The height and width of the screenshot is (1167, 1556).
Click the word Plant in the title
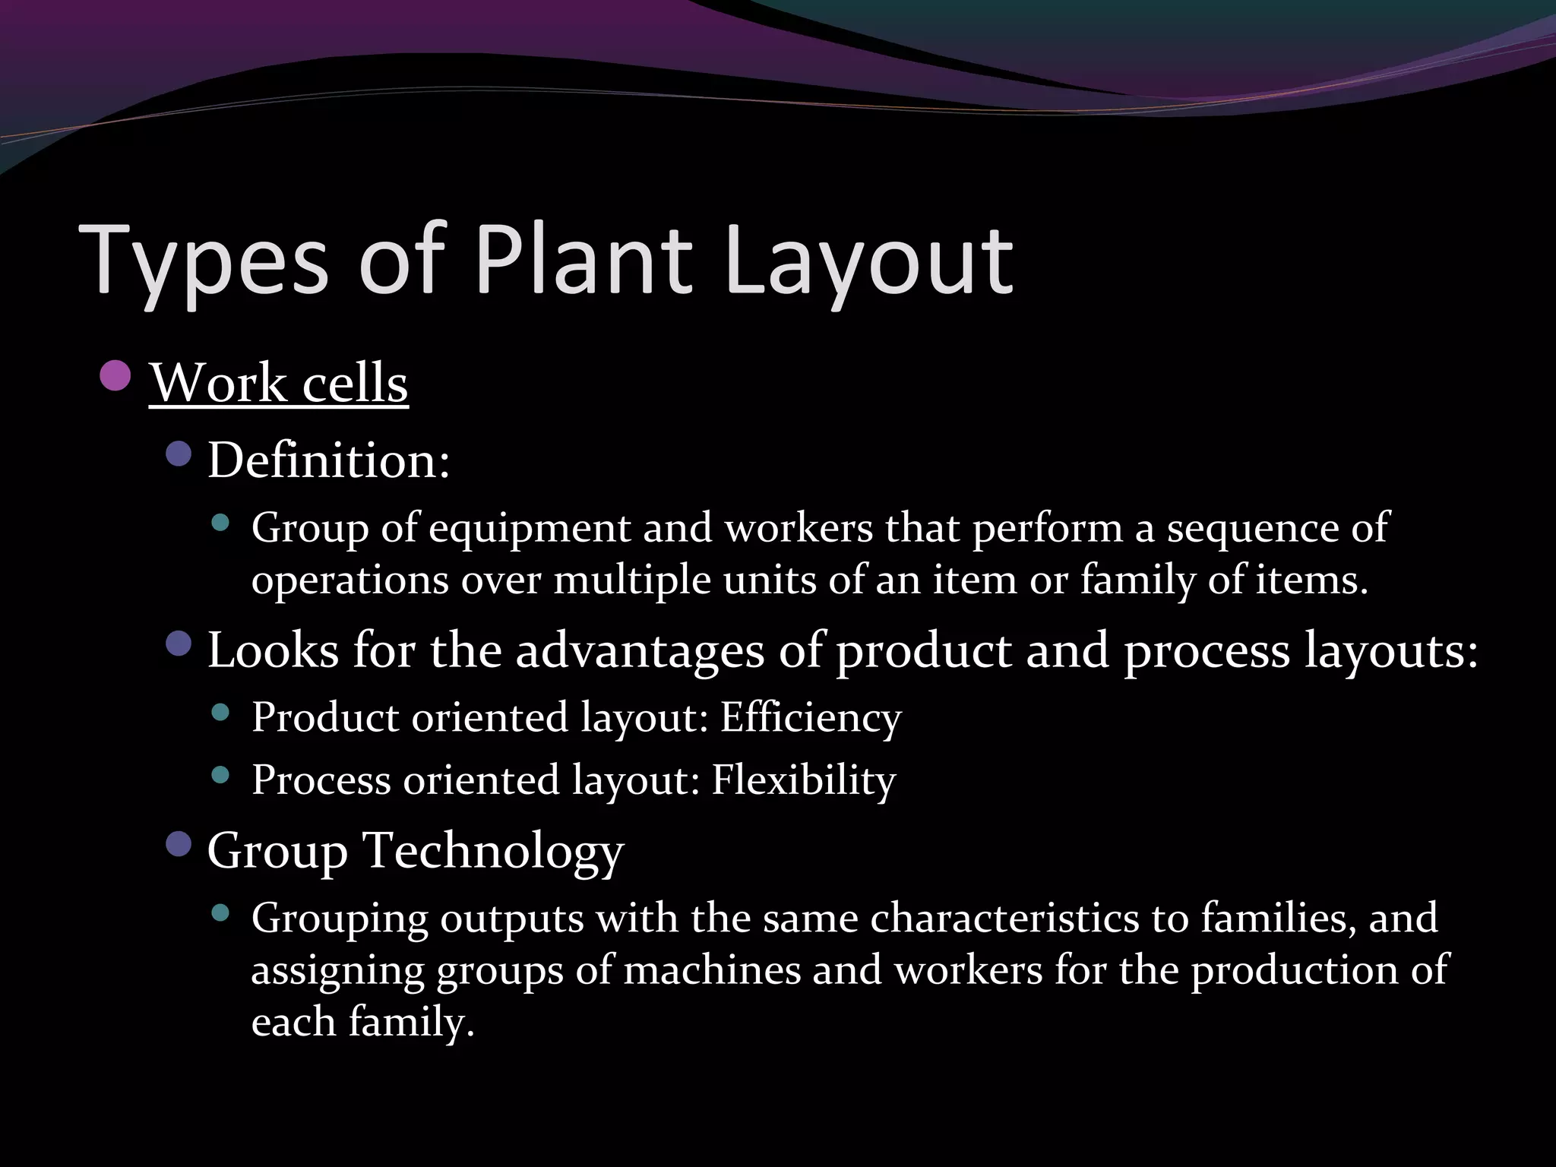point(583,260)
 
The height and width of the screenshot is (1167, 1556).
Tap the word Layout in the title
point(868,260)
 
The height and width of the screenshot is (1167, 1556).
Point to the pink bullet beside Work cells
point(115,375)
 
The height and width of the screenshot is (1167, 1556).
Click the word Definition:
point(329,460)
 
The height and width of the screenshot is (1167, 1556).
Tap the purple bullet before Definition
point(179,454)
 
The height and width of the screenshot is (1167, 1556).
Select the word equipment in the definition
point(530,527)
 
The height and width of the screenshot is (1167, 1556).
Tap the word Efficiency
point(811,717)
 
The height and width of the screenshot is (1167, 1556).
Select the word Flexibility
point(804,780)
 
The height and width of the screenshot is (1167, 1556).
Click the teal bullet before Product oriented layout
point(220,712)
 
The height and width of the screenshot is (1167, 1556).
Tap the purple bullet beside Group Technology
point(179,843)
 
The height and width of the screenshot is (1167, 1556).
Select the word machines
point(712,970)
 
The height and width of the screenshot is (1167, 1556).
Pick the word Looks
point(274,651)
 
